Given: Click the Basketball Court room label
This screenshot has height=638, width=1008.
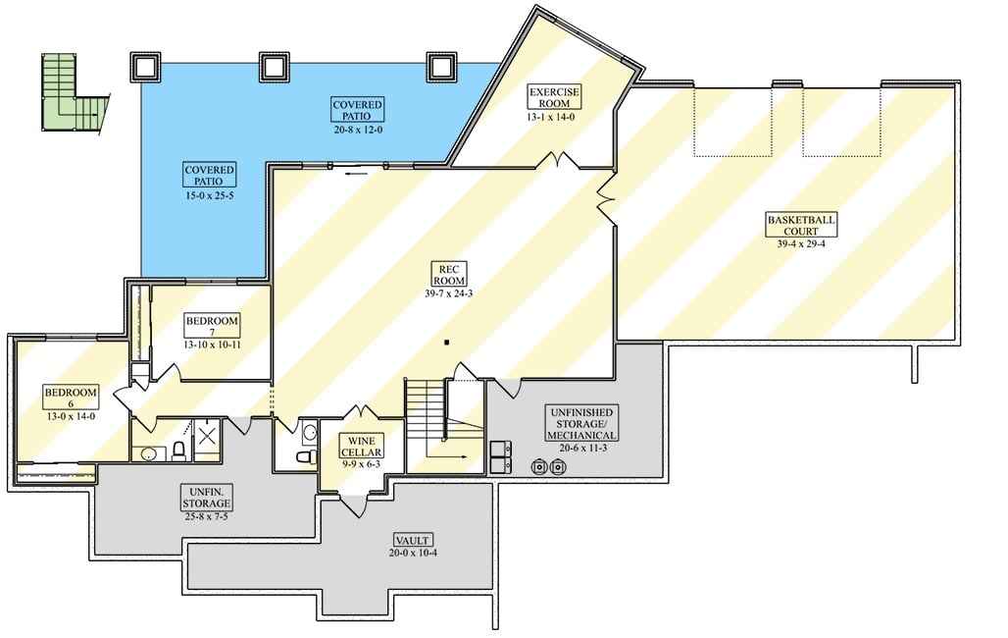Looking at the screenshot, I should [801, 225].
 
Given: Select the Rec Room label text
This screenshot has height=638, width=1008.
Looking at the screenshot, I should [450, 274].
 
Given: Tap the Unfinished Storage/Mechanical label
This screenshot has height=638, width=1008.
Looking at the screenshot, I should [581, 424].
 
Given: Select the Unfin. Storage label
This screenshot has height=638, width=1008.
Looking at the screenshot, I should [206, 497].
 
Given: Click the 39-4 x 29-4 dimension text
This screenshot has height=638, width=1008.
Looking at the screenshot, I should [801, 243].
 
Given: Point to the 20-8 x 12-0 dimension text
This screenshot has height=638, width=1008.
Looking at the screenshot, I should [357, 129].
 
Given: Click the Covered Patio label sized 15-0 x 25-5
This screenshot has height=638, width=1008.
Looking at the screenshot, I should [210, 176].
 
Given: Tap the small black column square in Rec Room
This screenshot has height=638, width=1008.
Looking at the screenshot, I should [446, 343].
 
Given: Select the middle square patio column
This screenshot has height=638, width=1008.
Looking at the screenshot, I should [276, 67].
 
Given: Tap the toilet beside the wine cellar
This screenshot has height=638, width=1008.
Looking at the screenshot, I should [304, 456].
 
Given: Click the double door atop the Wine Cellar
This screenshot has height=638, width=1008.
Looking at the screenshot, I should [361, 411].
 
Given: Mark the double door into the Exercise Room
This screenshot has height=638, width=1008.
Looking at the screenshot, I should [562, 159].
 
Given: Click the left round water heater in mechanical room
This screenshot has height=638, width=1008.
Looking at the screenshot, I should [539, 467].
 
